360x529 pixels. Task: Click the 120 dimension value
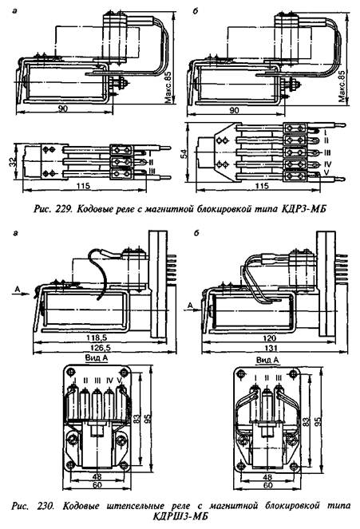coord(269,338)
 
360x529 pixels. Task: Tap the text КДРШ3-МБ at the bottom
coord(180,516)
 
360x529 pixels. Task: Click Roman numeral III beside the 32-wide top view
coord(152,171)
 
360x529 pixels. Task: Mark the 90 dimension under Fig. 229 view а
coord(63,109)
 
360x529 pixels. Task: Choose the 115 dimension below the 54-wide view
coord(262,186)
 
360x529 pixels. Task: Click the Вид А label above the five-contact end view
coord(97,357)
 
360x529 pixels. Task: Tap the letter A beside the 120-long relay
coord(191,306)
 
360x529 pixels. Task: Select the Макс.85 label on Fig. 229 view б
coord(342,86)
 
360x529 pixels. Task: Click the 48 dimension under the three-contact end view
coord(267,477)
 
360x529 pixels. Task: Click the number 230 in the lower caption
coord(45,506)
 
